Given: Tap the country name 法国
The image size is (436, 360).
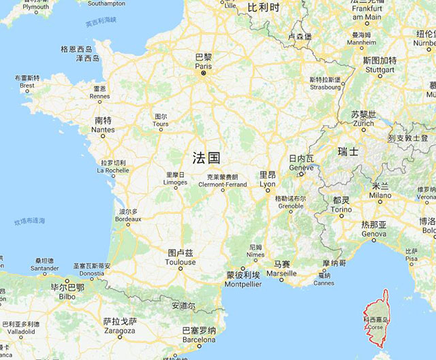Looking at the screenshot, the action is (x=206, y=159).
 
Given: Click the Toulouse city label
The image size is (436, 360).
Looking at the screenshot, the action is (x=181, y=257).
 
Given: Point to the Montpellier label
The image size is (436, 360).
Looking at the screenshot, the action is (x=243, y=279).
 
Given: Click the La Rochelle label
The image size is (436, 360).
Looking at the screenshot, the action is (x=112, y=167).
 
